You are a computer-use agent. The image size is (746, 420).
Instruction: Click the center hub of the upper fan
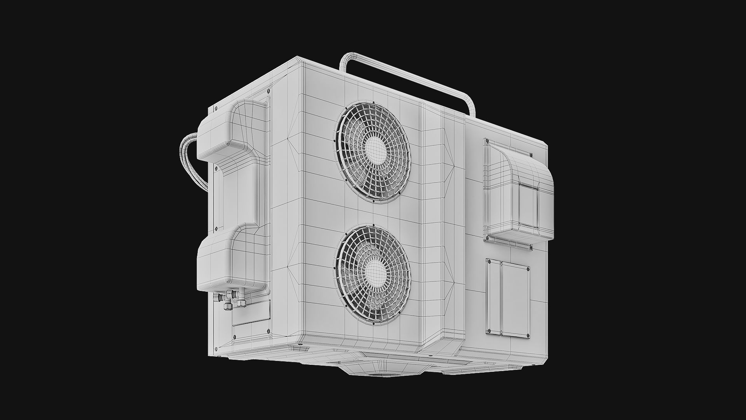point(374,149)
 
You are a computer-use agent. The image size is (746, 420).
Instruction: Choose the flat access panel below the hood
point(507,297)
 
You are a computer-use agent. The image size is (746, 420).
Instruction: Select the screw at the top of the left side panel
point(268,90)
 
